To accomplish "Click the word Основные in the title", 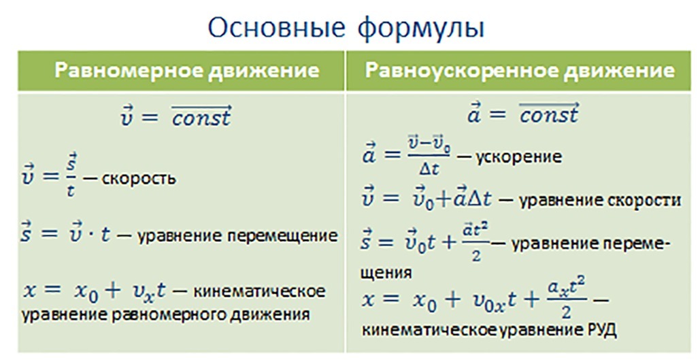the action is (276, 27).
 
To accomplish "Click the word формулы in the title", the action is (421, 29).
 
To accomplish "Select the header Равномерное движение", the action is (187, 71).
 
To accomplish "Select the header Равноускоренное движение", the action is (520, 71).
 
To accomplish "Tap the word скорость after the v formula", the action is (139, 179).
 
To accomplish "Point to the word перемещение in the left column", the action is (282, 235).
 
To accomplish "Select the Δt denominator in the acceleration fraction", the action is (429, 169).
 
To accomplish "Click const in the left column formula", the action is (202, 118).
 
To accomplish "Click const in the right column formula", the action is (549, 115).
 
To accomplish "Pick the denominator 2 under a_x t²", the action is (566, 312).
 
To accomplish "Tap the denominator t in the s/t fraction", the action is (71, 191).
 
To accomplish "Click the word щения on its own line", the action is (386, 272).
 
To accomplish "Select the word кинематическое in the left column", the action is (259, 291).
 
